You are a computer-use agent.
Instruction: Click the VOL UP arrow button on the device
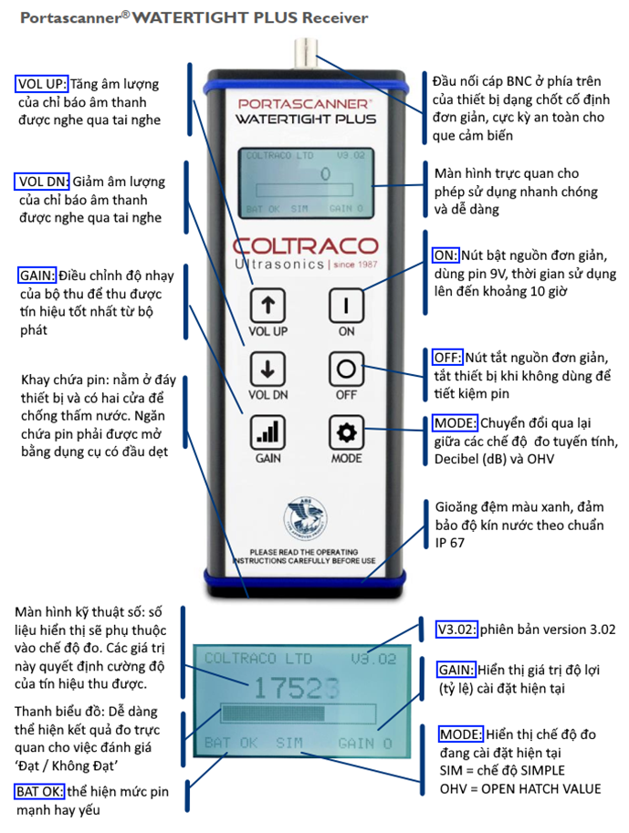click(x=267, y=306)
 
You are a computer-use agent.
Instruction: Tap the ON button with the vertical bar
click(x=346, y=306)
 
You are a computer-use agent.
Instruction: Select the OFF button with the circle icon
click(x=346, y=369)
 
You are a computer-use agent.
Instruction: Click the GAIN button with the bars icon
click(x=267, y=432)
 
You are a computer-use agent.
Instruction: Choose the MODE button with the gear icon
click(x=346, y=432)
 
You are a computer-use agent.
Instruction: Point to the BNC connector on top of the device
click(x=305, y=54)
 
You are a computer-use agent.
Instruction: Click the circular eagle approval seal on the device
click(x=305, y=517)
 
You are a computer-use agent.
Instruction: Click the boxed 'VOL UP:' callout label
click(x=41, y=84)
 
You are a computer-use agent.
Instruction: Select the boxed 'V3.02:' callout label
click(x=456, y=630)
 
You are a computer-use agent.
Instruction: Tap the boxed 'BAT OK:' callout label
click(x=39, y=792)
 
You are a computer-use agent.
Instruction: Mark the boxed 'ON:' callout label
click(x=445, y=255)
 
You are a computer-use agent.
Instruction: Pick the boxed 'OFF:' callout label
click(x=447, y=358)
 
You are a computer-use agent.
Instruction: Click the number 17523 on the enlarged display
click(x=296, y=689)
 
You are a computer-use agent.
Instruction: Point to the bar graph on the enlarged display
click(x=299, y=713)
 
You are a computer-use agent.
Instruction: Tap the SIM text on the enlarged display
click(x=289, y=743)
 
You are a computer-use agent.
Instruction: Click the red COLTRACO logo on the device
click(x=305, y=245)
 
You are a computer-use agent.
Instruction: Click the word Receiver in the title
click(x=335, y=18)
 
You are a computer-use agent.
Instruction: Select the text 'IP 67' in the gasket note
click(x=450, y=543)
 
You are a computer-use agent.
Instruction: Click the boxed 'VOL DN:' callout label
click(x=42, y=182)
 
